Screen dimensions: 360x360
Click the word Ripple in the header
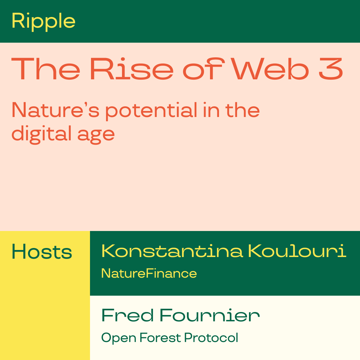point(43,22)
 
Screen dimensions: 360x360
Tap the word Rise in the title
point(132,69)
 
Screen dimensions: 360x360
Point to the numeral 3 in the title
point(331,69)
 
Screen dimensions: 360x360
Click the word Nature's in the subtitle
point(55,110)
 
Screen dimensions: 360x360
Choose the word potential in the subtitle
point(151,111)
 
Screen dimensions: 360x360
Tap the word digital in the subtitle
point(42,135)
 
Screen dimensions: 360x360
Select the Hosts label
point(42,252)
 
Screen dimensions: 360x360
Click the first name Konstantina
point(172,251)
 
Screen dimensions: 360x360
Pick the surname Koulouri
point(297,251)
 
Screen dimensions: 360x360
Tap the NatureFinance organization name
point(149,273)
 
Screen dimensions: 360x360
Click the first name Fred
point(128,315)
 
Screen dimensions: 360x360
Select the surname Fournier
point(210,315)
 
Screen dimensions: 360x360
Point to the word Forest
point(160,337)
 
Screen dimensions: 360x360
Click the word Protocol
point(211,337)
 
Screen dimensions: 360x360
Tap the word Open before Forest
point(119,338)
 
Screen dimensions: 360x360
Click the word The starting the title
point(46,69)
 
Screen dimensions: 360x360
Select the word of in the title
point(204,69)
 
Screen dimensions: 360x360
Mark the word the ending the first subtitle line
point(243,110)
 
